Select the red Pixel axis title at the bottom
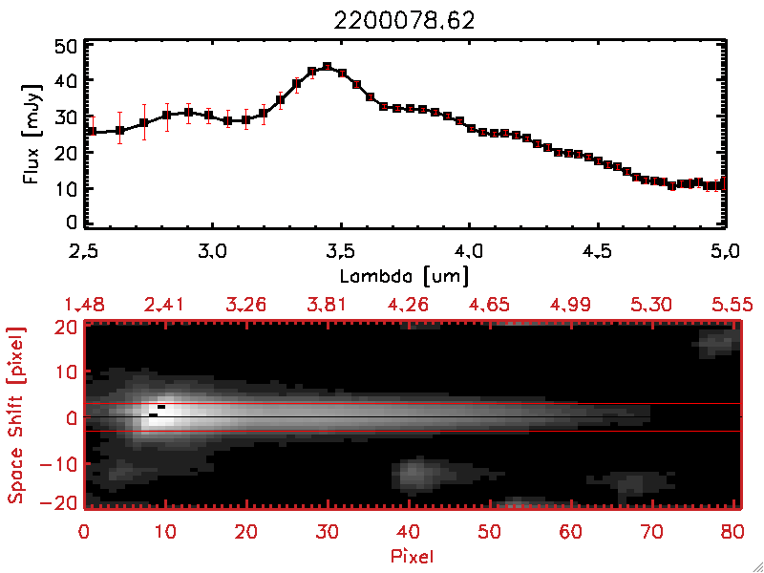[x=412, y=553]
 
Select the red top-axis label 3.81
[x=326, y=305]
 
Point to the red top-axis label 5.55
[x=732, y=305]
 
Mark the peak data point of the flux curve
[x=327, y=67]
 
